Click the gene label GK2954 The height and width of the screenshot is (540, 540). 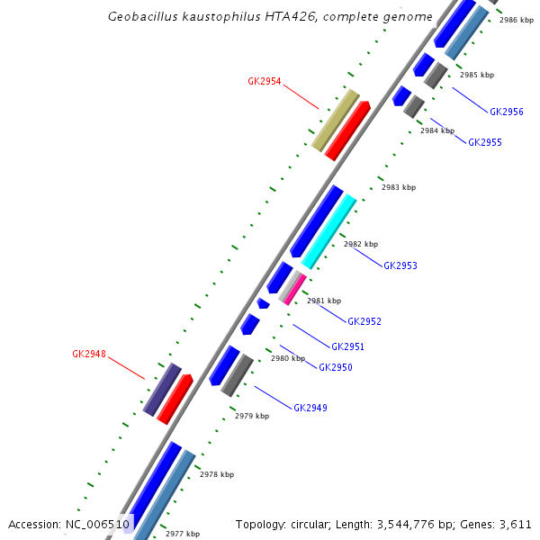click(x=265, y=81)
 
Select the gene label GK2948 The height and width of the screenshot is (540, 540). click(x=89, y=355)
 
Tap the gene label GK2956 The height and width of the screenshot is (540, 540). click(x=507, y=112)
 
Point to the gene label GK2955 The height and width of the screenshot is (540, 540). click(x=485, y=142)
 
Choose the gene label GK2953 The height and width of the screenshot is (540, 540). click(x=400, y=265)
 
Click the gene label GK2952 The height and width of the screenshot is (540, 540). click(x=364, y=321)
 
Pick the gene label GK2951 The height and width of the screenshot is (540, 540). click(x=347, y=346)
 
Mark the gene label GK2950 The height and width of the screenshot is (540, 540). click(x=336, y=367)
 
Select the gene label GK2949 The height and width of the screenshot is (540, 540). click(x=310, y=408)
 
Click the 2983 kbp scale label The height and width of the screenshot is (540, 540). click(x=399, y=187)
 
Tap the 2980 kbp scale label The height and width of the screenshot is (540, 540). click(x=288, y=358)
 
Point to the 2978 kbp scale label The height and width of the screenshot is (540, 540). click(x=217, y=474)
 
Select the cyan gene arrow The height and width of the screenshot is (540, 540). click(x=329, y=232)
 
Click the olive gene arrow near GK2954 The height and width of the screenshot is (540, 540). click(x=336, y=120)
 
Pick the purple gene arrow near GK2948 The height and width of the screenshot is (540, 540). click(x=162, y=390)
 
